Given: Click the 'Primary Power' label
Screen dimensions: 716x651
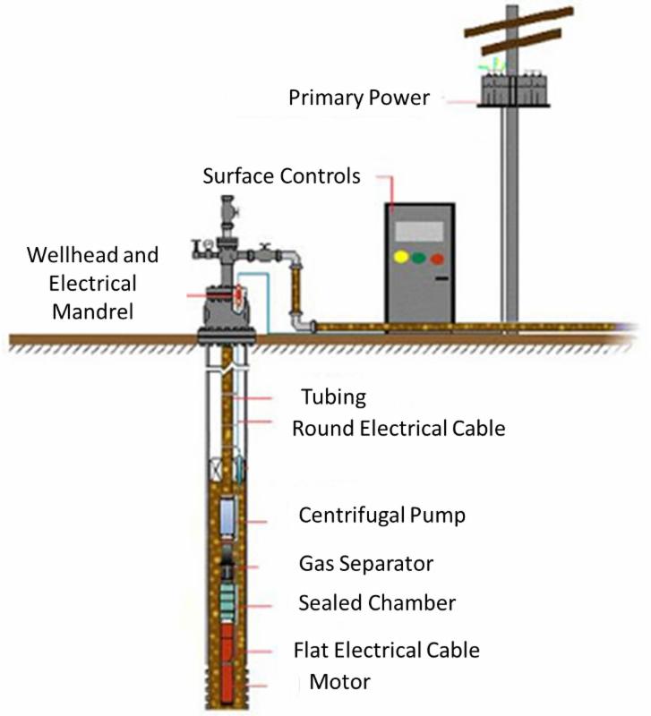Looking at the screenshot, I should (358, 97).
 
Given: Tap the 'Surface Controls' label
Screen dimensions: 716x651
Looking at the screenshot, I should (281, 175).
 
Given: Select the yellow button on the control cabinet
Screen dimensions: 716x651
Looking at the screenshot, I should (400, 258).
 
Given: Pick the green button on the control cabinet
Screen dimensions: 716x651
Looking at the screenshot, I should (418, 259).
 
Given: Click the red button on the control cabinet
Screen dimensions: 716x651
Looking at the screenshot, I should (436, 260).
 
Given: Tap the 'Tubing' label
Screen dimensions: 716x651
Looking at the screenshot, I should (333, 396).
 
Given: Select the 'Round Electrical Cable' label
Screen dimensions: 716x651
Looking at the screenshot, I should (398, 428).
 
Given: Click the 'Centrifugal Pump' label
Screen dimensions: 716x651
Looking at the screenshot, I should (381, 516).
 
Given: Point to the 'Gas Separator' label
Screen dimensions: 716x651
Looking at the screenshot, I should (365, 564).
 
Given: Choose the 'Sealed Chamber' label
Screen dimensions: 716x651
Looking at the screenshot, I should (376, 603).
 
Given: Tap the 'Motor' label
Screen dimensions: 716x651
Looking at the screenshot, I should (339, 683).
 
